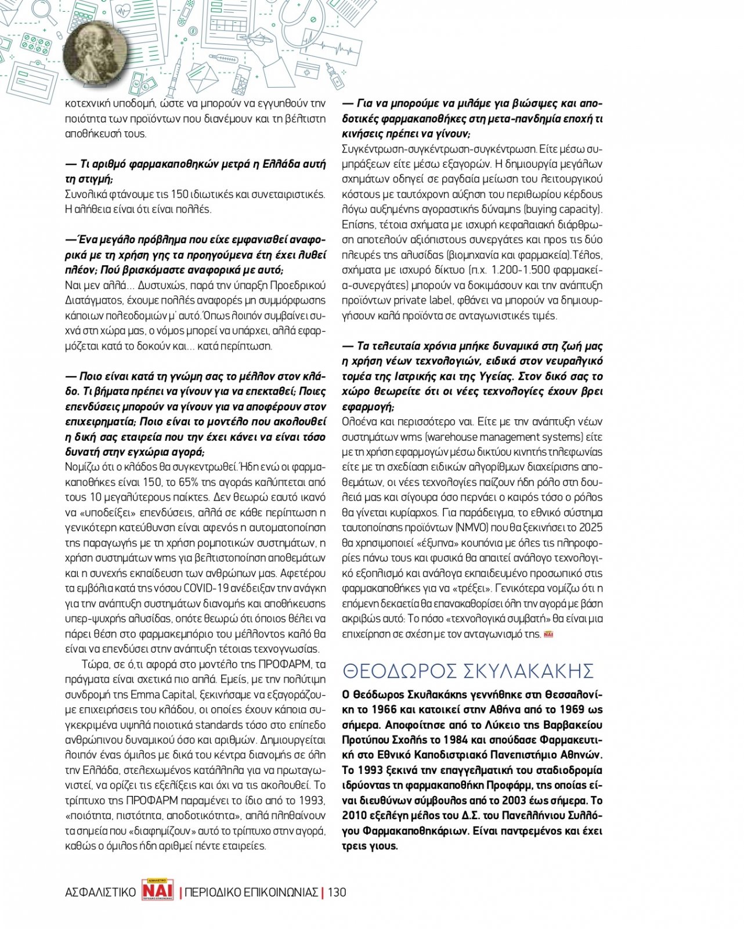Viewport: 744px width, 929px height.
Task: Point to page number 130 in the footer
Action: coord(337,892)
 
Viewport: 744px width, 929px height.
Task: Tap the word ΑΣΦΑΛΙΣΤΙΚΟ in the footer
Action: coord(100,892)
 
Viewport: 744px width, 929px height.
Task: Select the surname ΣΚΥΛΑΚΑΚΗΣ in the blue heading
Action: coord(528,671)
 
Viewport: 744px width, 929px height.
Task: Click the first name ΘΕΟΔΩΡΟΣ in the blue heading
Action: coord(399,671)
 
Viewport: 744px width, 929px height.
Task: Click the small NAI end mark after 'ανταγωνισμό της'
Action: coord(548,634)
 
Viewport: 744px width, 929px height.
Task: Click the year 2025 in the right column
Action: coord(591,528)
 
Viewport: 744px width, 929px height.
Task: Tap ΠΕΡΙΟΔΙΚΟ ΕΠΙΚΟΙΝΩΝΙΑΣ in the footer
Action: coord(251,892)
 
